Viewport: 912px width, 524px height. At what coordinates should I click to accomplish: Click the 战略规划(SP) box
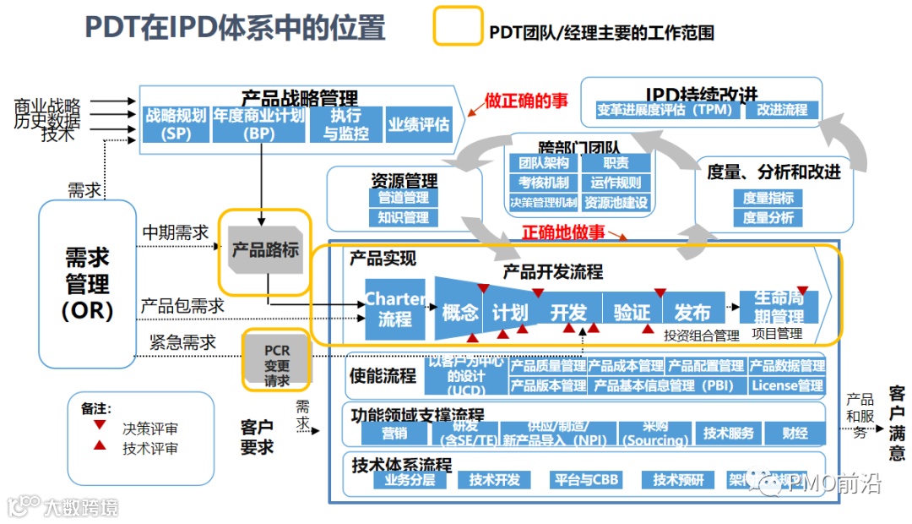[176, 124]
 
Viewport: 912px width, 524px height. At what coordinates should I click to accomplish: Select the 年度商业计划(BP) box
[258, 124]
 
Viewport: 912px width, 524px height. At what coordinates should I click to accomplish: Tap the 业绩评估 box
[420, 124]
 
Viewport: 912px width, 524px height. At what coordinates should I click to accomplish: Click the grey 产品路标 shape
[265, 251]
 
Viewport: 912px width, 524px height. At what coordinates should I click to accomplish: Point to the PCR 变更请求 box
[277, 360]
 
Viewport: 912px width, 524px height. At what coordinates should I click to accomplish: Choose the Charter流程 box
[394, 308]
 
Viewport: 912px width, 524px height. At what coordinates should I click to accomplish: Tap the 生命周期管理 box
[779, 306]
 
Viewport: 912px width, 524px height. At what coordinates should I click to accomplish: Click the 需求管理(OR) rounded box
[88, 284]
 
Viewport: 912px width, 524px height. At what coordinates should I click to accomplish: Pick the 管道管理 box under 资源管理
[404, 198]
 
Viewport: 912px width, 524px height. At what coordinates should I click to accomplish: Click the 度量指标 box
[768, 198]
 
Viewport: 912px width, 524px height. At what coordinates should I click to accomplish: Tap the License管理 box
[787, 385]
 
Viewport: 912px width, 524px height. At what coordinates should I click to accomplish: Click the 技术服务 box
[728, 433]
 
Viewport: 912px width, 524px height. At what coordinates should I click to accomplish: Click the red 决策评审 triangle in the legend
[100, 427]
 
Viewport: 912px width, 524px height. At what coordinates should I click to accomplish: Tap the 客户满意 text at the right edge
[897, 423]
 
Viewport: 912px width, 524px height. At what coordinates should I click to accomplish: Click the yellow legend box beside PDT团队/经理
[458, 26]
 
